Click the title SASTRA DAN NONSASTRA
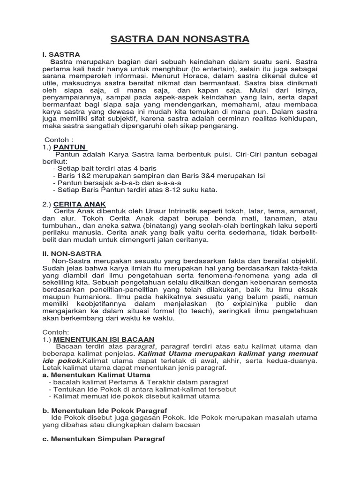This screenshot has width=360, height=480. click(x=180, y=39)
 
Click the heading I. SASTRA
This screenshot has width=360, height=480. click(x=61, y=54)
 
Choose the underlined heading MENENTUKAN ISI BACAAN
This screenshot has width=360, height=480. click(x=104, y=338)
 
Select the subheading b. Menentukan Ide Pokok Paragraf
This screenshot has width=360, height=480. click(x=102, y=410)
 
